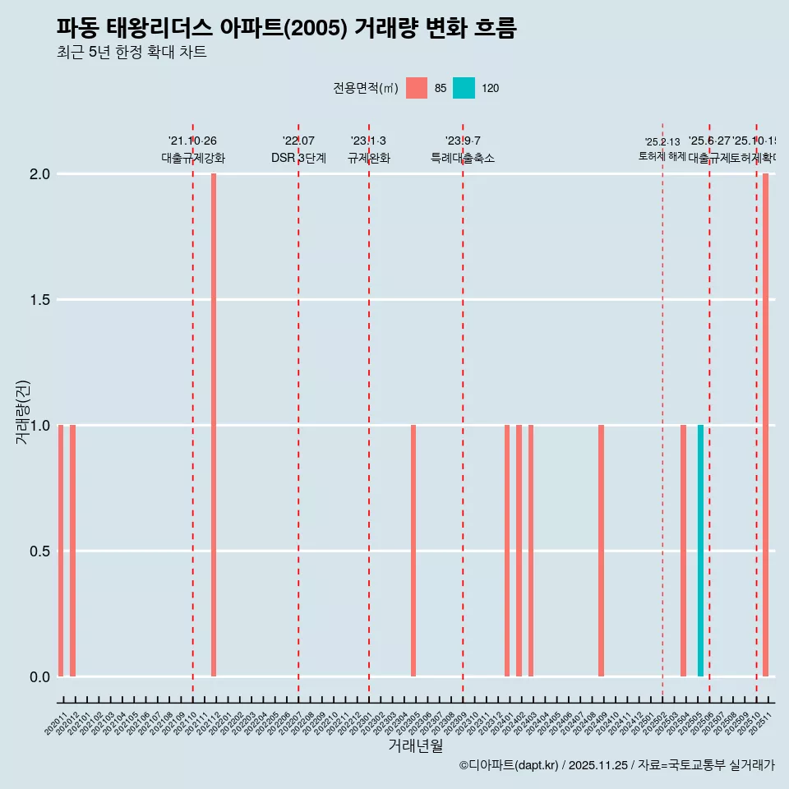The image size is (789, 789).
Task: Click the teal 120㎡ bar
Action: pyautogui.click(x=700, y=551)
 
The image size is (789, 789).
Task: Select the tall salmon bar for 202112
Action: pyautogui.click(x=214, y=425)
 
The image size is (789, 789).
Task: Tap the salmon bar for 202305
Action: pyautogui.click(x=413, y=551)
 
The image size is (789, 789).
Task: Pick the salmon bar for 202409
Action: pyautogui.click(x=601, y=551)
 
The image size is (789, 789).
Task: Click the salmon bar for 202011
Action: pyautogui.click(x=61, y=551)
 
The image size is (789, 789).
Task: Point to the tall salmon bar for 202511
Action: pyautogui.click(x=765, y=425)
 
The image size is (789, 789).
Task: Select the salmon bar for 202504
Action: pyautogui.click(x=683, y=551)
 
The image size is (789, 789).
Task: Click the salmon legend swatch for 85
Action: pyautogui.click(x=417, y=88)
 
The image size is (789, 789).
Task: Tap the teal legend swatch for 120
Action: pyautogui.click(x=464, y=88)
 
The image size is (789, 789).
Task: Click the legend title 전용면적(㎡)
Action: pyautogui.click(x=366, y=88)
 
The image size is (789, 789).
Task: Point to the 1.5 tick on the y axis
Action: pyautogui.click(x=39, y=300)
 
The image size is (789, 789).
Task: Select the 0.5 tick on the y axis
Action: pyautogui.click(x=39, y=551)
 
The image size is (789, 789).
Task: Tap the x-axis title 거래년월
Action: pyautogui.click(x=415, y=745)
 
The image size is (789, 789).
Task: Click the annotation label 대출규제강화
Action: pyautogui.click(x=192, y=158)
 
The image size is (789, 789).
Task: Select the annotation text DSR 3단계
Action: pyautogui.click(x=298, y=158)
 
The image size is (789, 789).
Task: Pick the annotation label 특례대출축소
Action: pyautogui.click(x=463, y=158)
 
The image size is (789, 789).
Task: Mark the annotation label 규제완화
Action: pyautogui.click(x=368, y=158)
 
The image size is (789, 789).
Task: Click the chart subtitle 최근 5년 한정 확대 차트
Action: pyautogui.click(x=131, y=53)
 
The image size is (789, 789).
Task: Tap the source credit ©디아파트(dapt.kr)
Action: pyautogui.click(x=509, y=765)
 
